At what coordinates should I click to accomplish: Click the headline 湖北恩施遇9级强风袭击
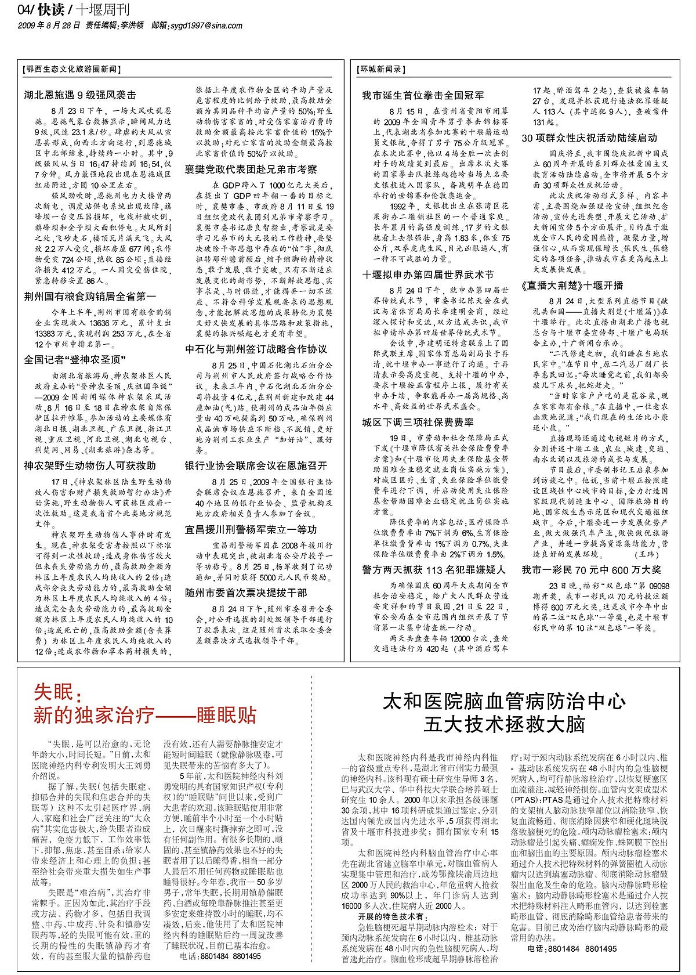[80, 95]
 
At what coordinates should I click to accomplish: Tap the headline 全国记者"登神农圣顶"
[75, 360]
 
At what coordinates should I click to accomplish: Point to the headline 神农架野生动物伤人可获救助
[90, 465]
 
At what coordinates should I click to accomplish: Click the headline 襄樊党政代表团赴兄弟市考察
[251, 169]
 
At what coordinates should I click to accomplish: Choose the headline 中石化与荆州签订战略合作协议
[256, 349]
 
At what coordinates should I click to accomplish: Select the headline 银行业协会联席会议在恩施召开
[256, 465]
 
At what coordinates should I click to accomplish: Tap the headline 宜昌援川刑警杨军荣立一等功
[251, 529]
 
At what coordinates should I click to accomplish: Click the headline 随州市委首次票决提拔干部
[246, 593]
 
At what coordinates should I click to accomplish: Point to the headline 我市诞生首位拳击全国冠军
[423, 95]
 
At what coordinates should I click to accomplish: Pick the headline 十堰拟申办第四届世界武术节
[428, 275]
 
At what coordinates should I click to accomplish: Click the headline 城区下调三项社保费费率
[418, 422]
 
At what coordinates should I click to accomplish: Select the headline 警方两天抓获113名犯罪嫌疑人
[434, 570]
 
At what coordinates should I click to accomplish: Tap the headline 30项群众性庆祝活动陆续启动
[589, 138]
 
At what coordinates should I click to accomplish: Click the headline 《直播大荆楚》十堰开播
[572, 286]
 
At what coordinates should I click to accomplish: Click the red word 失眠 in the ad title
[53, 692]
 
